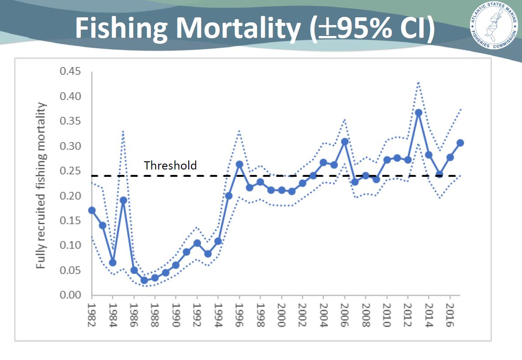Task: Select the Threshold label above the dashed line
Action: tap(170, 165)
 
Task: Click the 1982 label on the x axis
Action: tap(92, 314)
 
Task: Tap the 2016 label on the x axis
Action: tap(450, 314)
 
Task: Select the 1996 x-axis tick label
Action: tap(239, 314)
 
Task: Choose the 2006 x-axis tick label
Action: tap(344, 314)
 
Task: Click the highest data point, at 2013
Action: tap(418, 112)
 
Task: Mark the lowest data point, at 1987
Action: tap(144, 280)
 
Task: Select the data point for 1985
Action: tap(123, 200)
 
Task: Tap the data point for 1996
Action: tap(239, 164)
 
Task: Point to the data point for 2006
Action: tap(345, 141)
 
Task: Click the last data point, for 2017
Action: tap(460, 143)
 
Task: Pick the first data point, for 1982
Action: tap(92, 210)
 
